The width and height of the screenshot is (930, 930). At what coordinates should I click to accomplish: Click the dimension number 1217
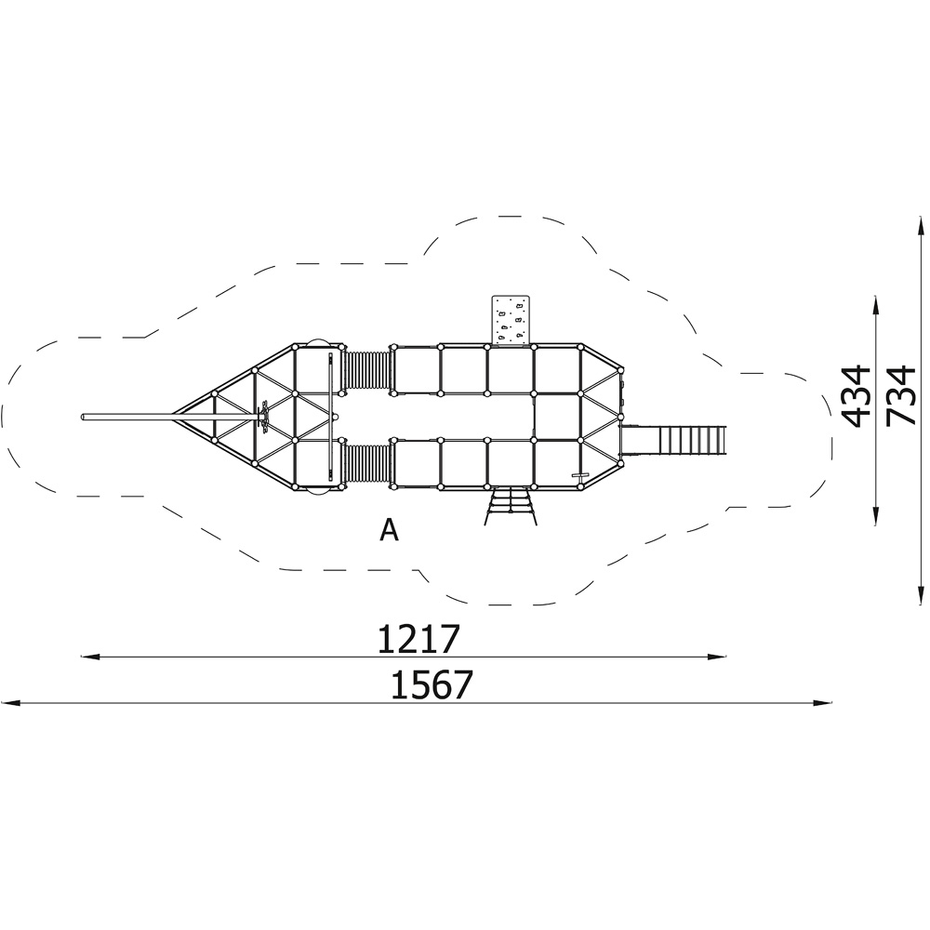click(418, 638)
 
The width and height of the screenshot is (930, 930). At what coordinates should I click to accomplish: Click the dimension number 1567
click(432, 684)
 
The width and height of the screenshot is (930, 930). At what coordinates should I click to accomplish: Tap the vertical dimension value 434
click(857, 397)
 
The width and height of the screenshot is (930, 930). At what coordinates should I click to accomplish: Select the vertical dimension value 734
click(901, 395)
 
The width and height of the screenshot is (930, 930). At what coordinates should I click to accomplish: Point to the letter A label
click(389, 530)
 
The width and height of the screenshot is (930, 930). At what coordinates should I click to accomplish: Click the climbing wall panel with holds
click(511, 320)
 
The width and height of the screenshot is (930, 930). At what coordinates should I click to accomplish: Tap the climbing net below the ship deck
click(511, 506)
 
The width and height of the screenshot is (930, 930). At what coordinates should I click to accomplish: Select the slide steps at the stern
click(692, 439)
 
